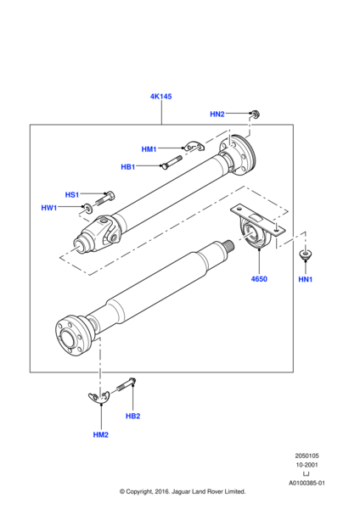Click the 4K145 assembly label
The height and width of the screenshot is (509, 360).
[160, 97]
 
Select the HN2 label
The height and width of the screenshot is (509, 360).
[217, 114]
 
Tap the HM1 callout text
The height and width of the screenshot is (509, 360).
[149, 149]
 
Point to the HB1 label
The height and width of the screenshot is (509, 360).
[127, 167]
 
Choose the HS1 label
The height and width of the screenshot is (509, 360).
[72, 195]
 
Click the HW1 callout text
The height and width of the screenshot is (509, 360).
[49, 208]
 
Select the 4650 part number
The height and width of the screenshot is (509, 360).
[259, 279]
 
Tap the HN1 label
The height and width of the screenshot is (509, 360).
[306, 279]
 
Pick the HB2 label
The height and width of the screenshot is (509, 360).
[133, 416]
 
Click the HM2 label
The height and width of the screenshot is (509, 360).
[101, 434]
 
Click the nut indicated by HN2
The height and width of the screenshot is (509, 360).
[256, 114]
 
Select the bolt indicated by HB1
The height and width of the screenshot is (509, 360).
[172, 162]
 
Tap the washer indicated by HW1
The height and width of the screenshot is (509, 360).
[87, 209]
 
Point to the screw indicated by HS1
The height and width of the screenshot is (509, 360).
[105, 199]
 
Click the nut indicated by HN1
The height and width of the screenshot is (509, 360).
[305, 255]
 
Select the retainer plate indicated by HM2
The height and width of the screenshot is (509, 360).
[98, 398]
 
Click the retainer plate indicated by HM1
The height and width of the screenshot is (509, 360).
[194, 147]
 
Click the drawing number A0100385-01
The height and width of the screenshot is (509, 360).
[307, 483]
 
